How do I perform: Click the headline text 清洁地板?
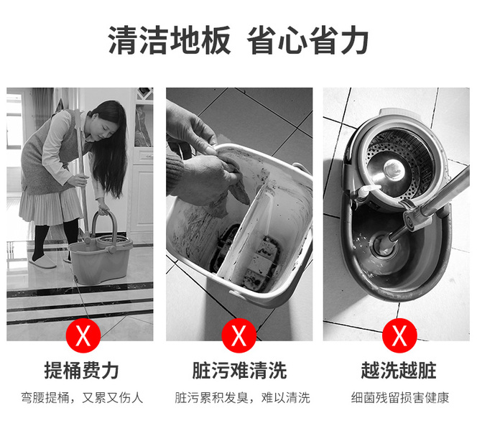pyautogui.click(x=169, y=40)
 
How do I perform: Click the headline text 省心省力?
pyautogui.click(x=307, y=40)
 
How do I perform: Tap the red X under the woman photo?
pyautogui.click(x=83, y=335)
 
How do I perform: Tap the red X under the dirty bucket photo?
pyautogui.click(x=239, y=335)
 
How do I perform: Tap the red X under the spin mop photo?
pyautogui.click(x=399, y=335)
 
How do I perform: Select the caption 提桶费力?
pyautogui.click(x=81, y=371)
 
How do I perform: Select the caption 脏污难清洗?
pyautogui.click(x=239, y=371)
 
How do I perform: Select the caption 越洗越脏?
pyautogui.click(x=399, y=371)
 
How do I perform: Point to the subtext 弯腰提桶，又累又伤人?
pyautogui.click(x=82, y=397)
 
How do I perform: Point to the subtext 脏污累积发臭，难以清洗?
pyautogui.click(x=242, y=397)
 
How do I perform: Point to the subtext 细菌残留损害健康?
pyautogui.click(x=399, y=397)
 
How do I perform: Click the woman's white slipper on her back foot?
pyautogui.click(x=42, y=262)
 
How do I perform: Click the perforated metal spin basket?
pyautogui.click(x=401, y=164)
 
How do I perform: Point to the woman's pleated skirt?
pyautogui.click(x=50, y=207)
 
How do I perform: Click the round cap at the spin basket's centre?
pyautogui.click(x=394, y=169)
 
